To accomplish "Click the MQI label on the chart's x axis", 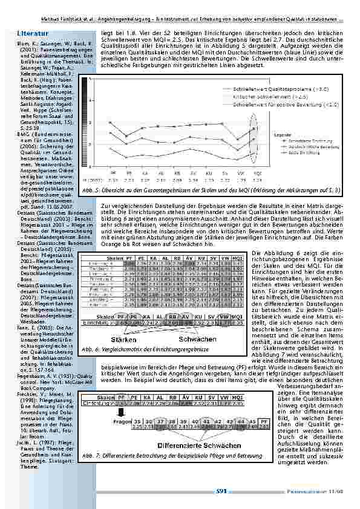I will coord(257,171).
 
